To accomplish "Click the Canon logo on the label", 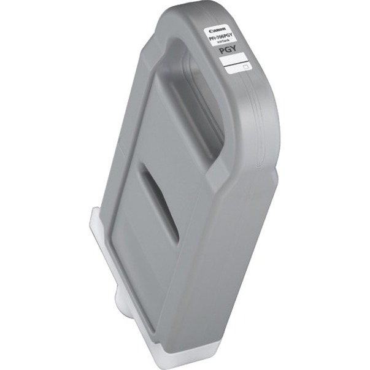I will click(218, 29).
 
